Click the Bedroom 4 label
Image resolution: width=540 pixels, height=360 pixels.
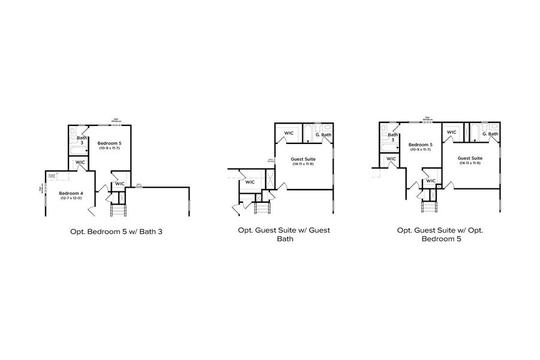pyautogui.click(x=71, y=194)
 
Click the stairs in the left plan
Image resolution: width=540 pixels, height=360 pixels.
pyautogui.click(x=118, y=210)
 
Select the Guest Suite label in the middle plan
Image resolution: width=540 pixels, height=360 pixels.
pyautogui.click(x=304, y=158)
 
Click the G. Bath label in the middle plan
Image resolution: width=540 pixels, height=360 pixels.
pyautogui.click(x=323, y=134)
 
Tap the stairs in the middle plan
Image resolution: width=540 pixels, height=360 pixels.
pyautogui.click(x=262, y=208)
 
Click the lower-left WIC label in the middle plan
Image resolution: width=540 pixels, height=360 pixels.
pyautogui.click(x=250, y=182)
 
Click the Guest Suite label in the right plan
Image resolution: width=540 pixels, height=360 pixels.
pyautogui.click(x=471, y=158)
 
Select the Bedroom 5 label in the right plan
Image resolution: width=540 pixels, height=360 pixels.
pyautogui.click(x=420, y=145)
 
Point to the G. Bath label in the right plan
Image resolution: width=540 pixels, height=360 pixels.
pyautogui.click(x=490, y=134)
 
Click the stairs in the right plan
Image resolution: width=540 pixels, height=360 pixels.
pyautogui.click(x=428, y=208)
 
